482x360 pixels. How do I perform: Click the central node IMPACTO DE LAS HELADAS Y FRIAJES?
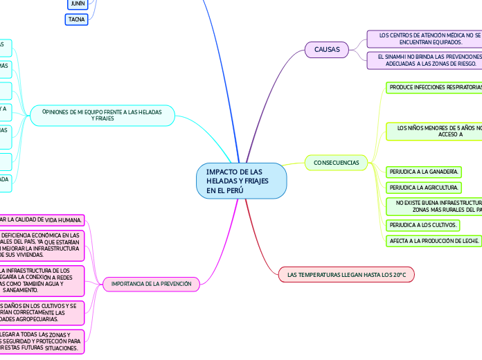coord(241,181)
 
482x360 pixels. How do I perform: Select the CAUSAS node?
coord(327,49)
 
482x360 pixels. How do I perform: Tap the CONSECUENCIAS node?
coord(336,163)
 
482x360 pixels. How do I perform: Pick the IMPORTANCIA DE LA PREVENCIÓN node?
coord(152,284)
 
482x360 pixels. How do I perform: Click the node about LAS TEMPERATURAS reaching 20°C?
coord(346,275)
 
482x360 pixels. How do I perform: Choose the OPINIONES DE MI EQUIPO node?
coord(102,114)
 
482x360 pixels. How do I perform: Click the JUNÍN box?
coord(78,4)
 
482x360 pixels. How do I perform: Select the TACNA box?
coord(77,20)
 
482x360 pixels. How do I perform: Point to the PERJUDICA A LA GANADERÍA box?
coord(424,171)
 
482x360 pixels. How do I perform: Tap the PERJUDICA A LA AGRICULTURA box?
coord(424,188)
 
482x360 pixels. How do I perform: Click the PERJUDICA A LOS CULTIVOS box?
coord(424,225)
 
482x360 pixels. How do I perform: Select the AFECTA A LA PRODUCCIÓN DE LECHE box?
coord(434,241)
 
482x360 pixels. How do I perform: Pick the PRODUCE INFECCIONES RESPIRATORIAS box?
coord(434,88)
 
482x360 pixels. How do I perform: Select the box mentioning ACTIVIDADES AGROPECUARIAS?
coord(42,312)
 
